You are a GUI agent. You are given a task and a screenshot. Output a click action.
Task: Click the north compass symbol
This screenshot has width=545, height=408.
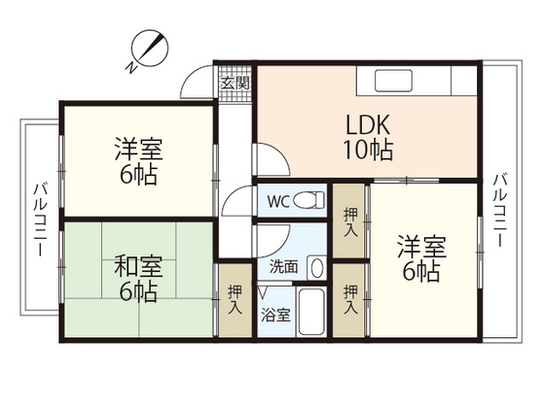point(149,50)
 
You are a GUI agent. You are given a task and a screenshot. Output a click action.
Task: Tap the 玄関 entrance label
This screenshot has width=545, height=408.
point(236,83)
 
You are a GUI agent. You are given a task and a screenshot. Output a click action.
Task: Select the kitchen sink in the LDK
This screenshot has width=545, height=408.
point(393,81)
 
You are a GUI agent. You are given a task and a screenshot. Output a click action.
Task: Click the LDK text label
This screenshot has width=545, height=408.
point(368,125)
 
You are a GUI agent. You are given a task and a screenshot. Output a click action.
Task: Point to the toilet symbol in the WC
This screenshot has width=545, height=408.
point(309,200)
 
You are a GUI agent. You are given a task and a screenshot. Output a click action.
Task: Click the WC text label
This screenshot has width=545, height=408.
point(278,202)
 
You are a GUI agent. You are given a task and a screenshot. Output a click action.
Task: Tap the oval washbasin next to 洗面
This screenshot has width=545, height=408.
point(316,268)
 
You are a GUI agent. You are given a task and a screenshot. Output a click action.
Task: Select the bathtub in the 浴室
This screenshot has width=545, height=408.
point(311,311)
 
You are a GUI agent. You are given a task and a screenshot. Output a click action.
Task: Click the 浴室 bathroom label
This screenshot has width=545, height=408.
point(275,315)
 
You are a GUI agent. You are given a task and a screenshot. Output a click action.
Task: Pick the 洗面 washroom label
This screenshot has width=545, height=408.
point(283,266)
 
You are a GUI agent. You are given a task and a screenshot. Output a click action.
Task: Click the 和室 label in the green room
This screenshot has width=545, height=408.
point(138,266)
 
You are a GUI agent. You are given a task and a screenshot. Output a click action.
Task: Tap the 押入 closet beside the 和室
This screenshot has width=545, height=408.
point(235,300)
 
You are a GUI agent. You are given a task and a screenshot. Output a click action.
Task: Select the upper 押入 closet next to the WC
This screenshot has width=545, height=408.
point(349,221)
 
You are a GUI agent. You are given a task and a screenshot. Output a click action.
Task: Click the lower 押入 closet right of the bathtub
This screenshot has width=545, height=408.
point(349,300)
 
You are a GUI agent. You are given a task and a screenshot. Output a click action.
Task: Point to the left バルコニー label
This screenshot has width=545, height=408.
point(40,220)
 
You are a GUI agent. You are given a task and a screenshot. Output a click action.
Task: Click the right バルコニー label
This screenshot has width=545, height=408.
point(501,210)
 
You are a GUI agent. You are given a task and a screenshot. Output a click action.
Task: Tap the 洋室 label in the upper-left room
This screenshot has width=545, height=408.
point(138,150)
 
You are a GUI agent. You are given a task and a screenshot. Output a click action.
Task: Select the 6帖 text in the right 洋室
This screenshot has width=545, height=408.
point(421,271)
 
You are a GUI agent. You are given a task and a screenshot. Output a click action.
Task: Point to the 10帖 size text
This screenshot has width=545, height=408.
point(368,150)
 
